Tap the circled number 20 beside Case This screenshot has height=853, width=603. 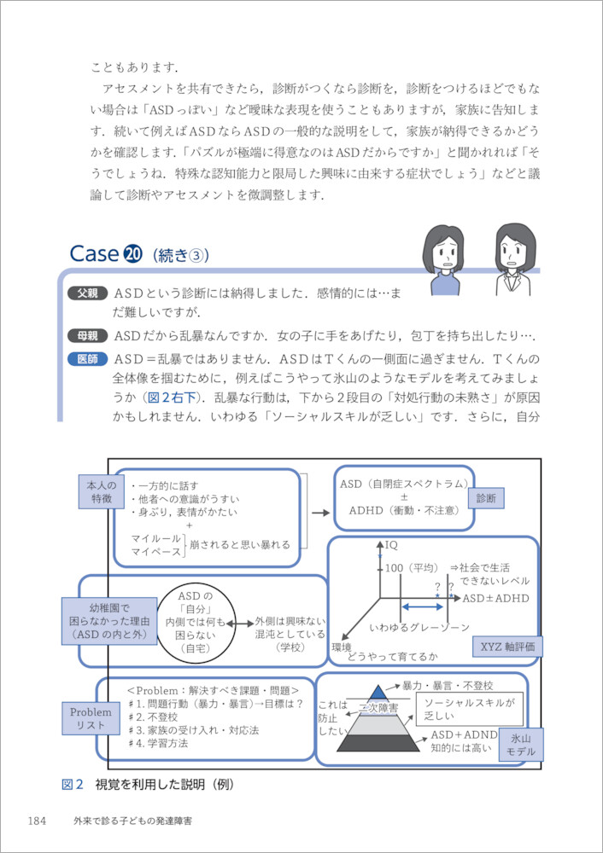[132, 254]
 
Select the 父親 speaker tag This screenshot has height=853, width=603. [88, 293]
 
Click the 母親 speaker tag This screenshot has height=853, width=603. [88, 334]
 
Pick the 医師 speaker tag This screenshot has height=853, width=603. [88, 358]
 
